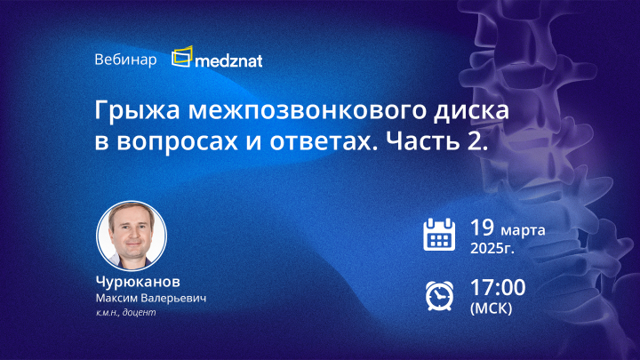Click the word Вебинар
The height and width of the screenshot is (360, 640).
coord(124,60)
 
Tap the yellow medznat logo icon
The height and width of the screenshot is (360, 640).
coord(182,58)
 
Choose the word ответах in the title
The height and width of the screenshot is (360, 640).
coord(326,145)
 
